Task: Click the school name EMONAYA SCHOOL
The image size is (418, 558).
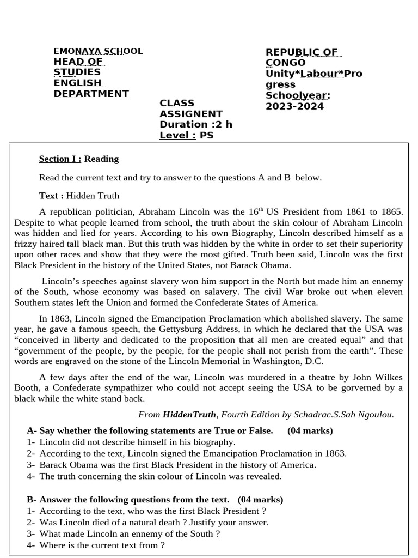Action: [98, 51]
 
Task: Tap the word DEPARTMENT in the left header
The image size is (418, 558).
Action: [91, 94]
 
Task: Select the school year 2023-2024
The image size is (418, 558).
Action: [294, 106]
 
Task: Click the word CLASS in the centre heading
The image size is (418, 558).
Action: [177, 104]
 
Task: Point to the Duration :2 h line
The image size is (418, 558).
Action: [195, 124]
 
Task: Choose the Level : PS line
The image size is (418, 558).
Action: [186, 135]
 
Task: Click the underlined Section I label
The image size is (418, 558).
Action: [60, 159]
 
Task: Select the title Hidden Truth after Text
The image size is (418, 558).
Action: [93, 196]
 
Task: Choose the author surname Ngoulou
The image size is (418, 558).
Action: [375, 414]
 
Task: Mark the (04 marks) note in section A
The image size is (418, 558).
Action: [310, 430]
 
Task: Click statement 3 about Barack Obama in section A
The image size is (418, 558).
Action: [177, 465]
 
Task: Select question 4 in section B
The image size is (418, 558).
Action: [102, 545]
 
